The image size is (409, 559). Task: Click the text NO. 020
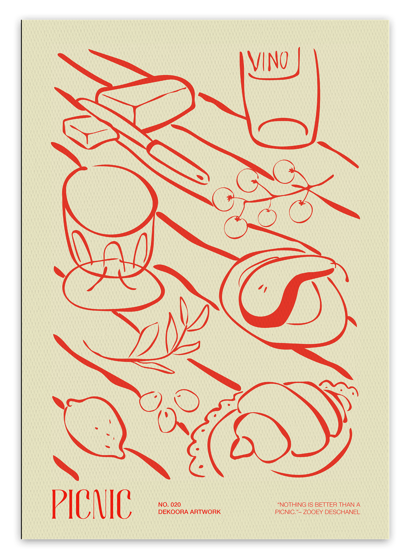(170, 504)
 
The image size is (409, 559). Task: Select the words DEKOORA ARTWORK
(190, 512)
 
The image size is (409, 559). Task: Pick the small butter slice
(90, 131)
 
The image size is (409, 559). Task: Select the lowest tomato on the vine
(236, 227)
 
